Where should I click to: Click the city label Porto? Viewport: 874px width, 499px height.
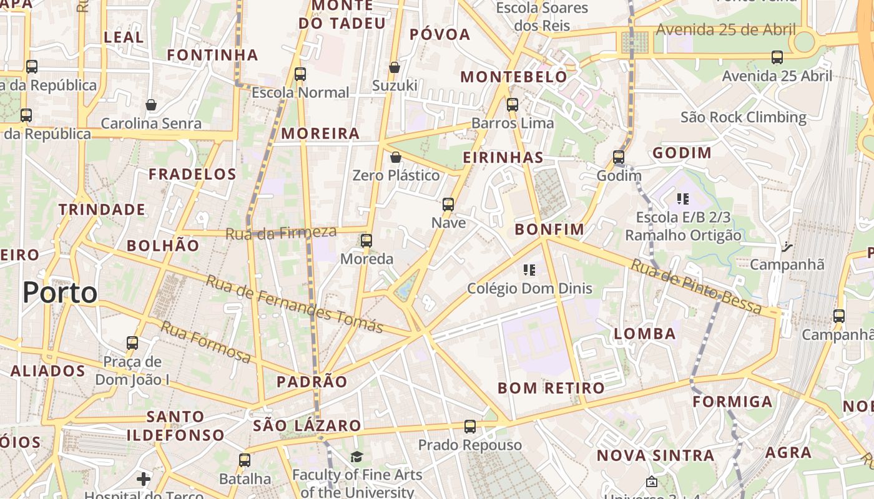(60, 293)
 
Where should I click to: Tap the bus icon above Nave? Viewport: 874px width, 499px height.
(448, 204)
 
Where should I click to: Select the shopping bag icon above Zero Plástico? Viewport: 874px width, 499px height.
(395, 157)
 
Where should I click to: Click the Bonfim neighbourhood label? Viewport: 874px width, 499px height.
(549, 229)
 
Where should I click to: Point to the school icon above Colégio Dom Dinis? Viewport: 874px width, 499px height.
(529, 270)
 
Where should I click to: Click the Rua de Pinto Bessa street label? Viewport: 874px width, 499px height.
(696, 287)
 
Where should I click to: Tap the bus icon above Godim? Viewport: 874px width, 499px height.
(619, 157)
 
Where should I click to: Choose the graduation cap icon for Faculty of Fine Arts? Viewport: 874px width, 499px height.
(356, 457)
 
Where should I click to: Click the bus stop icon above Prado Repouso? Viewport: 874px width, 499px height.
(470, 427)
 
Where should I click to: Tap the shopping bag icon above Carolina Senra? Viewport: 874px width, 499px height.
(150, 105)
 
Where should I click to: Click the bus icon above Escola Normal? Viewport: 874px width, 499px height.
(300, 74)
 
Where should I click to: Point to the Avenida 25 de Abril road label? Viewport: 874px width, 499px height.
(725, 29)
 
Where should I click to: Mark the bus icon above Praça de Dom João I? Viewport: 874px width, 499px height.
(132, 343)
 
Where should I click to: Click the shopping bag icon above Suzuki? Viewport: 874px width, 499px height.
(395, 67)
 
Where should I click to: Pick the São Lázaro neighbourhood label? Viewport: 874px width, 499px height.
(307, 425)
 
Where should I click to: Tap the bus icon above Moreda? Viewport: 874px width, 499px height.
(366, 240)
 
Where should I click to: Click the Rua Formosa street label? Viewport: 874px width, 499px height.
(206, 342)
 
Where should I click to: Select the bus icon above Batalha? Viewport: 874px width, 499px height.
(245, 460)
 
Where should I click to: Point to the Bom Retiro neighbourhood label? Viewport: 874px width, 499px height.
(551, 388)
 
